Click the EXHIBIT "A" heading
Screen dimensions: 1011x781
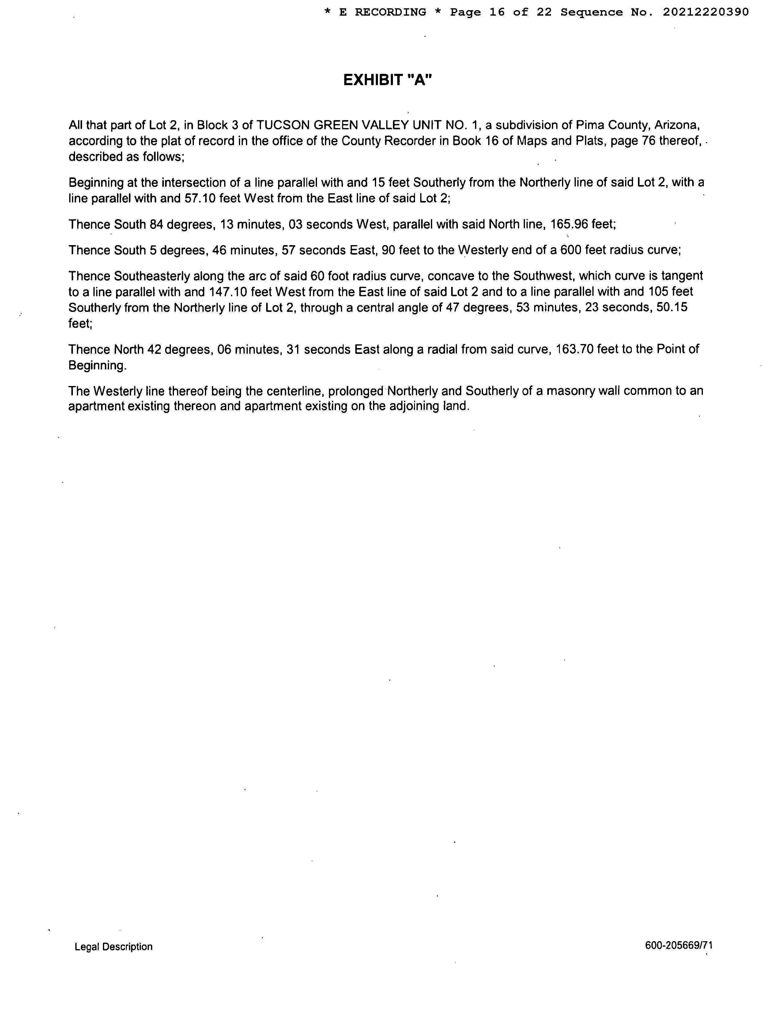pos(388,80)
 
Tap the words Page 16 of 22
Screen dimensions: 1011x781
pos(501,13)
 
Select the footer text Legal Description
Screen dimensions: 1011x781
pos(113,947)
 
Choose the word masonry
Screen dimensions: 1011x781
pos(568,391)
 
